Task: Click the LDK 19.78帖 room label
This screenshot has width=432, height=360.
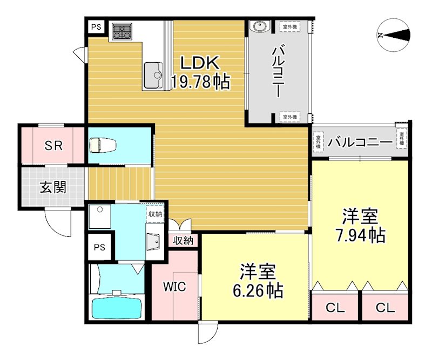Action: click(200, 72)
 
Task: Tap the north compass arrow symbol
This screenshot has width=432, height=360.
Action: click(396, 35)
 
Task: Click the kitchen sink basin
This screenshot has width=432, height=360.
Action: click(153, 74)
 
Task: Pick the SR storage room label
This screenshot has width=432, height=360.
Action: click(52, 145)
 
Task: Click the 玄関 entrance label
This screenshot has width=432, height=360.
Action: click(52, 187)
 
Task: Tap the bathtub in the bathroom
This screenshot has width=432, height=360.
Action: click(116, 308)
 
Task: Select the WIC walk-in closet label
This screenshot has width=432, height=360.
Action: click(175, 287)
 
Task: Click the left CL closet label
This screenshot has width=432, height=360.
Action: click(335, 308)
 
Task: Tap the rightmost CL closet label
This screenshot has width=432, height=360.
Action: click(385, 308)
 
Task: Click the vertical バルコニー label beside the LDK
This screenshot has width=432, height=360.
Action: click(278, 70)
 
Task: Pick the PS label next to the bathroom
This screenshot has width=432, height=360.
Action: click(99, 248)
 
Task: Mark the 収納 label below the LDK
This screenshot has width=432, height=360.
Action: click(183, 241)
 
